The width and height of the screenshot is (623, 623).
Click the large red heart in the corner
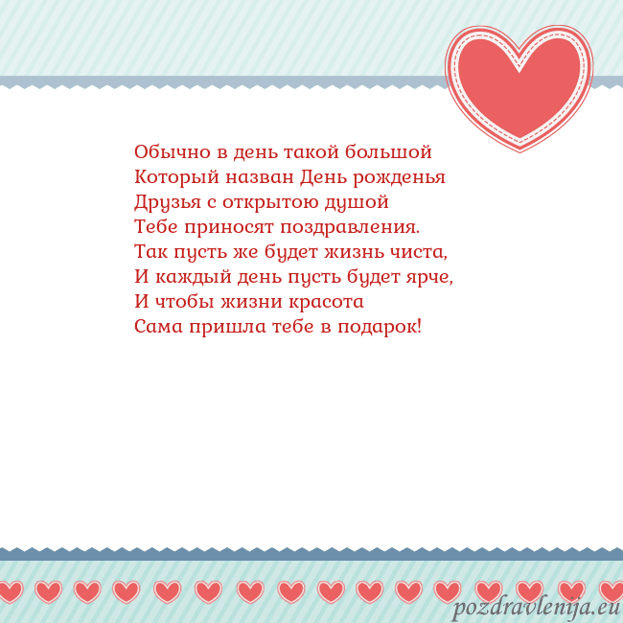click(519, 86)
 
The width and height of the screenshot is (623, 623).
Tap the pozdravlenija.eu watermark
click(537, 608)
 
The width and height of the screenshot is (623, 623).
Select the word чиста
click(422, 252)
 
